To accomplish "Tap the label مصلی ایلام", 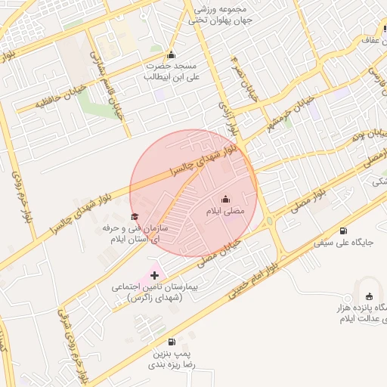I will [226, 212].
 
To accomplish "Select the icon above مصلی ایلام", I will [225, 200].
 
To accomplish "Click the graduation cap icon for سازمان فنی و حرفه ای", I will [135, 217].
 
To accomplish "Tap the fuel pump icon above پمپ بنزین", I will [172, 342].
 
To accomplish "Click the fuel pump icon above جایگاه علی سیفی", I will [345, 231].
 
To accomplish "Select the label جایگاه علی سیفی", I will [345, 243].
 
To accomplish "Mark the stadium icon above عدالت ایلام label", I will [370, 297].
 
